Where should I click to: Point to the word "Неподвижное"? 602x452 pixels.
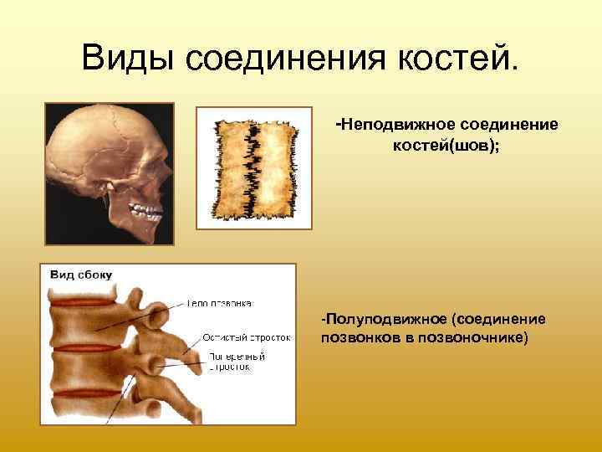(x=393, y=125)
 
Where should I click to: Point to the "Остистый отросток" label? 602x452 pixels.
(x=247, y=339)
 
